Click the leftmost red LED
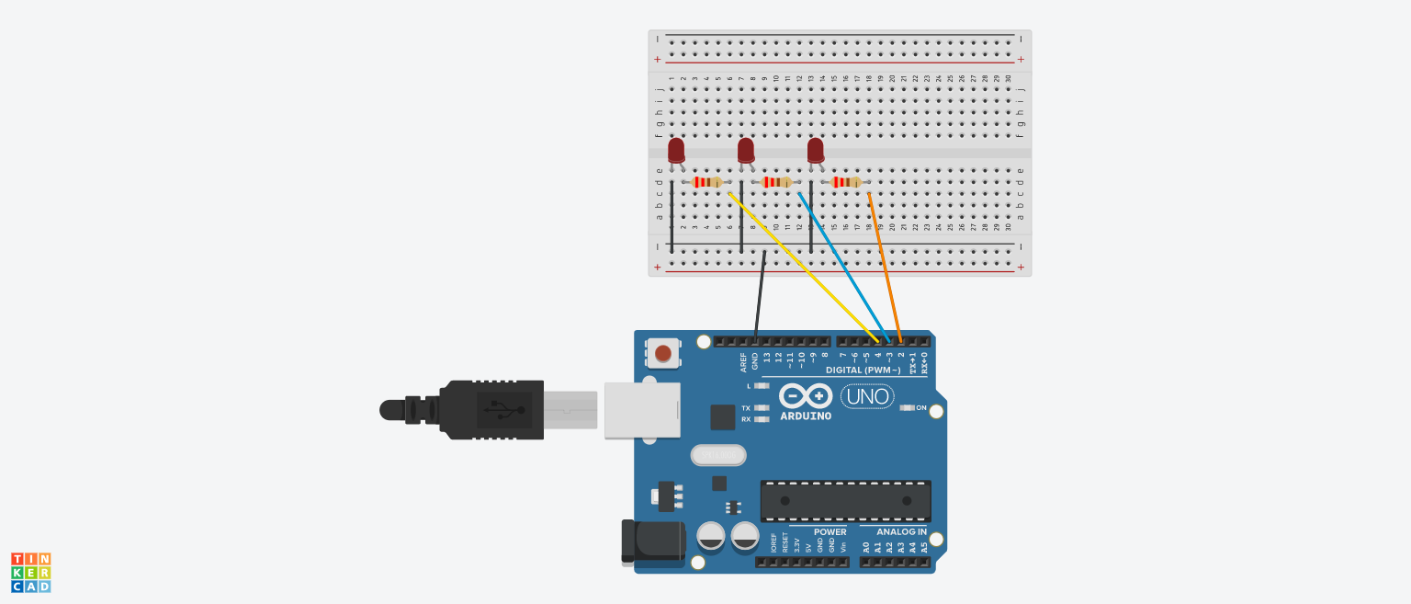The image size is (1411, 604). coord(676,151)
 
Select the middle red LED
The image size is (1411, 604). coord(746,151)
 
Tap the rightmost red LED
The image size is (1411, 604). coord(816,151)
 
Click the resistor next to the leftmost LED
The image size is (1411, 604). coord(706,182)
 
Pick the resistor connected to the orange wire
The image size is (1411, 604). coord(846,182)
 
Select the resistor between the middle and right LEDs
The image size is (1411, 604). coord(776,182)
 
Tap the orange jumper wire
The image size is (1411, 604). coord(884,267)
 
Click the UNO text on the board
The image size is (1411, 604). coord(867,396)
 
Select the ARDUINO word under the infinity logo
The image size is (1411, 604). coord(806,416)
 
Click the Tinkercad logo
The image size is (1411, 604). coord(31,572)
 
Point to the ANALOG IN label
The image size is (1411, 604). coord(901,532)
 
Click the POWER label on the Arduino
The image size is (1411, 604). coord(830,532)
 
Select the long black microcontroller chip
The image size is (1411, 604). coord(845,500)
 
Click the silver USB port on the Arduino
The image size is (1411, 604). coord(642,410)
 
